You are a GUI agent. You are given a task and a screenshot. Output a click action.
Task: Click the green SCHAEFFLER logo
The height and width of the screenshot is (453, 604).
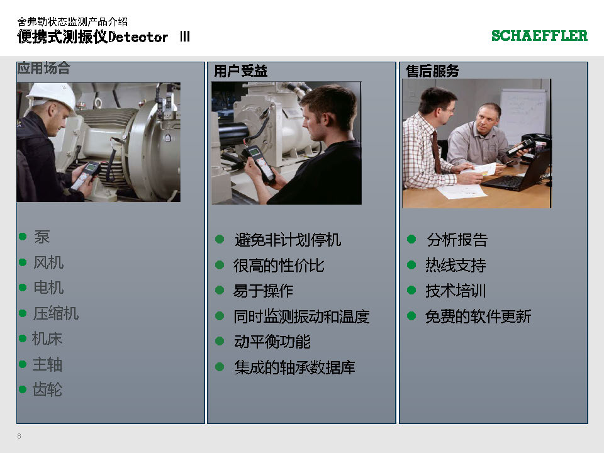[x=539, y=35]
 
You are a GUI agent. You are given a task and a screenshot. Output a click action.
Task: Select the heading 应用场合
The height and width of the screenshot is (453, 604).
[x=43, y=68]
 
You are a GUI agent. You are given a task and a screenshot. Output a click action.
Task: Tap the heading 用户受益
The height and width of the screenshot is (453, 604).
[x=240, y=71]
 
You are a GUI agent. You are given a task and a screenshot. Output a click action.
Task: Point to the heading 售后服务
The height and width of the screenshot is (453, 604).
[x=432, y=71]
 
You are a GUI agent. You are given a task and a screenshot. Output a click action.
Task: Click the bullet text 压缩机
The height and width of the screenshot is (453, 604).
[x=56, y=313]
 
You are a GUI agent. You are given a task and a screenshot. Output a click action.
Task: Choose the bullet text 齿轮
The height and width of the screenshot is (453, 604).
[x=47, y=389]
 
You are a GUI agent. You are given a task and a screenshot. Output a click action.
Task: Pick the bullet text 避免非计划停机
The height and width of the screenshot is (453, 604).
[x=288, y=240]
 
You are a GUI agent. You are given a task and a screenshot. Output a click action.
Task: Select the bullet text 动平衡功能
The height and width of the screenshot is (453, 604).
[x=272, y=342]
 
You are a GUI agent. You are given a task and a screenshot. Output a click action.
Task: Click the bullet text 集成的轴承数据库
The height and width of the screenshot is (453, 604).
[x=294, y=367]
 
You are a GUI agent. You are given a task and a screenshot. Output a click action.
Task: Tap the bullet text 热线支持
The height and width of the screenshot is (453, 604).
[x=456, y=265]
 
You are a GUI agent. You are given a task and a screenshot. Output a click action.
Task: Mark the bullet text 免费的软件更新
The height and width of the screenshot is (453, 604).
[x=478, y=316]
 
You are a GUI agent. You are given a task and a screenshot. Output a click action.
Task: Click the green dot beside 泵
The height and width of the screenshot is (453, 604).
[x=23, y=237]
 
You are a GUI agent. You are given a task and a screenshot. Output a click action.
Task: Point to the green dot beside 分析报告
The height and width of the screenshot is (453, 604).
[x=411, y=239]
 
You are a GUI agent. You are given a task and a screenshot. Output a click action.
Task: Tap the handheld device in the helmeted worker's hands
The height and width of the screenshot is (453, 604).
[x=86, y=176]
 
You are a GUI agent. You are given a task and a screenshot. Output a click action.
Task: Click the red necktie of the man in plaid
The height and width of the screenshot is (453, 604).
[x=437, y=152]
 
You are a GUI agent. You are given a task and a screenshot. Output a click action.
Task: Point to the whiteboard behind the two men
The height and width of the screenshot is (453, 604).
[x=523, y=114]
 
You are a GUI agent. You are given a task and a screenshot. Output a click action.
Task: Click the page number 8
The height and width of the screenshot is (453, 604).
[x=20, y=436]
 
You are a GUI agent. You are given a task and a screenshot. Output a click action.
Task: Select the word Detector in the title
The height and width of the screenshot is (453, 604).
[x=138, y=37]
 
